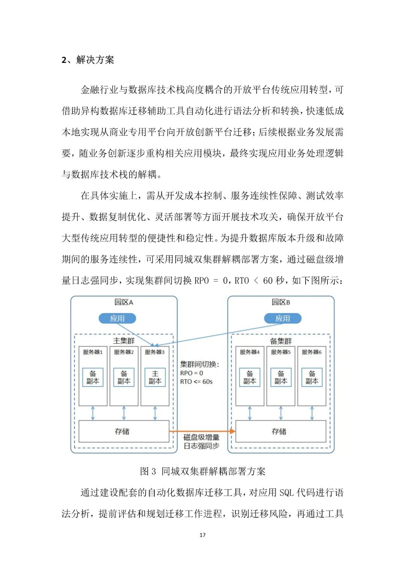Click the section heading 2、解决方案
click(88, 60)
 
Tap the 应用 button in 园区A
click(117, 318)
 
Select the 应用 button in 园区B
click(283, 318)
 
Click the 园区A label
click(124, 302)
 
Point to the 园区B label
click(281, 302)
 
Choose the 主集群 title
click(124, 341)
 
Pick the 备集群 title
click(281, 341)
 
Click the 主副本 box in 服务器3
click(155, 377)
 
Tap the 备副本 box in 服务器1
click(93, 377)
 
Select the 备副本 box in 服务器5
click(281, 377)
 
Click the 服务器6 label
click(312, 352)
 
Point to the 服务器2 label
click(124, 352)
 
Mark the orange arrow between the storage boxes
click(202, 432)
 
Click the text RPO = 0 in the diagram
click(192, 373)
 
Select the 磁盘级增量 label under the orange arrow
click(201, 437)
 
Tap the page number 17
click(202, 535)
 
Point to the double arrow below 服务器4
click(250, 413)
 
